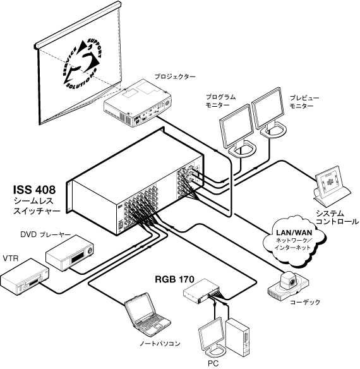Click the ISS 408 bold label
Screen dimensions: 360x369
tap(34, 190)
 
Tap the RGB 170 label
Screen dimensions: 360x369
tap(174, 279)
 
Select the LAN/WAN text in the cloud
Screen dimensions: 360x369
tap(294, 233)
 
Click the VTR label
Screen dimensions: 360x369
tap(10, 258)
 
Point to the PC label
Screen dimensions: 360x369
tap(213, 363)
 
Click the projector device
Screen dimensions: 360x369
tap(138, 103)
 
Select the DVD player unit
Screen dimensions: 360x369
tap(69, 253)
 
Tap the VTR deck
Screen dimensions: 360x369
tap(25, 276)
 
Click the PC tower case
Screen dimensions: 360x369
tap(237, 337)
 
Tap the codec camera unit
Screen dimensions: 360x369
tap(288, 285)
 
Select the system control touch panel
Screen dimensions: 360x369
tap(330, 186)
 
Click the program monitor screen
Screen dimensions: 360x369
tap(236, 125)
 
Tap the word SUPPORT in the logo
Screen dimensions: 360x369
tap(95, 47)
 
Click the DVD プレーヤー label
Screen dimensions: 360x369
tap(45, 234)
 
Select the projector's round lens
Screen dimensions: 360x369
tap(167, 103)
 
